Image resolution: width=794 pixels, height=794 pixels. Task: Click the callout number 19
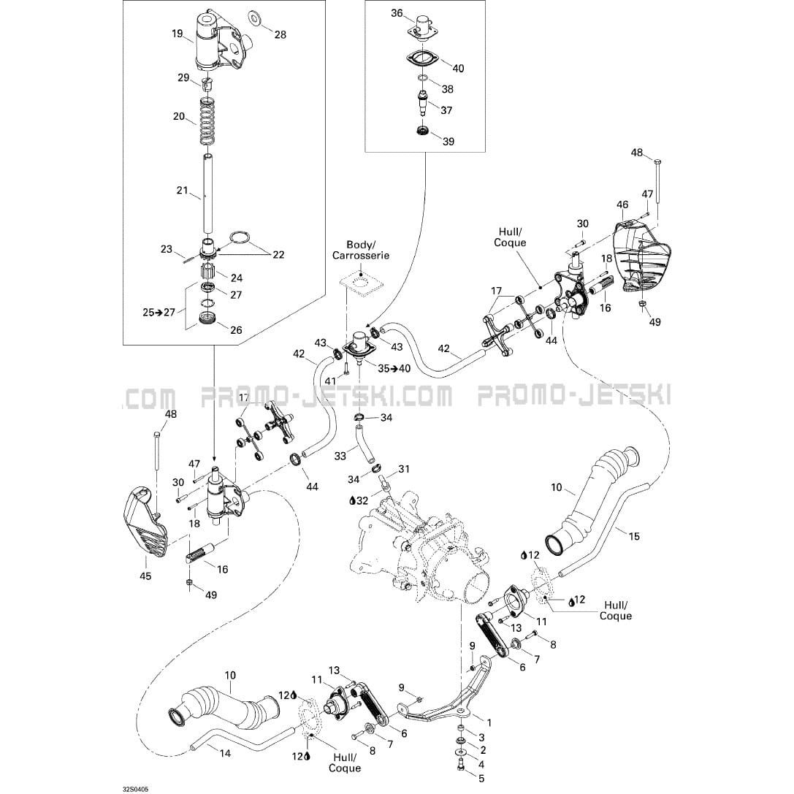pyautogui.click(x=177, y=33)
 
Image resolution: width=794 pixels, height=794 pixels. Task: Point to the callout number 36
pyautogui.click(x=397, y=13)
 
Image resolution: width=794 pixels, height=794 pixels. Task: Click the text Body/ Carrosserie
pyautogui.click(x=361, y=250)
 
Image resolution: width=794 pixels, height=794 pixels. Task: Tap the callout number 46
pyautogui.click(x=622, y=205)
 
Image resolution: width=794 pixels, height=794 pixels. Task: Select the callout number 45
pyautogui.click(x=146, y=576)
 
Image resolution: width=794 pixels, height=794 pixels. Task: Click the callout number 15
pyautogui.click(x=634, y=537)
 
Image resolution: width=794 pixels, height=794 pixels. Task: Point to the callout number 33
pyautogui.click(x=340, y=456)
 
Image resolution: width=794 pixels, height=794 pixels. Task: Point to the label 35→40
pyautogui.click(x=394, y=368)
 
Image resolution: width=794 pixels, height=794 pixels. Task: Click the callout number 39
pyautogui.click(x=448, y=141)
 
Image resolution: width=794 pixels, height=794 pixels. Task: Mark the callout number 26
pyautogui.click(x=236, y=330)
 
